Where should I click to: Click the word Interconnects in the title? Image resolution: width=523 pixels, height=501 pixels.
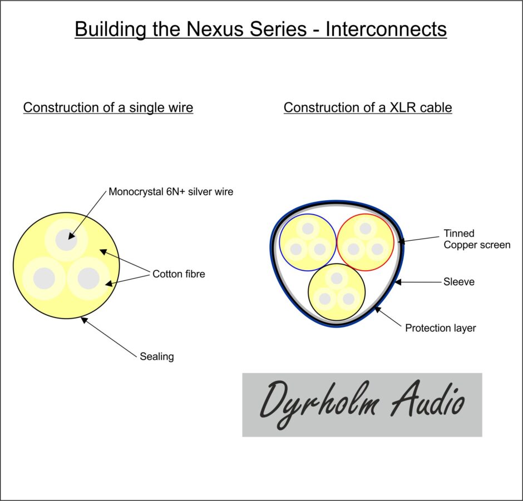click(x=386, y=29)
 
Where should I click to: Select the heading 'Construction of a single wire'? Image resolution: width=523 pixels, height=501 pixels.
click(x=108, y=108)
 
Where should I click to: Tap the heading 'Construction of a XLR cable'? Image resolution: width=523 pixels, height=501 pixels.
click(x=368, y=107)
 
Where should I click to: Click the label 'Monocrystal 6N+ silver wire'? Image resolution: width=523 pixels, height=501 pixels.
click(x=171, y=192)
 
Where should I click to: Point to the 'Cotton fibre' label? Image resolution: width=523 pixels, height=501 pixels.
click(x=179, y=274)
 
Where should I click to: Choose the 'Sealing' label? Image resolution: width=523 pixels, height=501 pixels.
click(x=157, y=356)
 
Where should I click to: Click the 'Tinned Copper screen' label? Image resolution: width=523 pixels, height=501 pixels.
click(x=477, y=239)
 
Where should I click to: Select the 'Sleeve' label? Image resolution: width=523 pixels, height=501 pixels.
click(x=459, y=282)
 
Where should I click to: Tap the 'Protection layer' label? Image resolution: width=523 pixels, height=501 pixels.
click(x=440, y=328)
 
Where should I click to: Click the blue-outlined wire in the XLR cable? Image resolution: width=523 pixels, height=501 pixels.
click(x=308, y=242)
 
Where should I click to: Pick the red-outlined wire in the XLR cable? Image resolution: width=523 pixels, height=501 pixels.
click(x=366, y=242)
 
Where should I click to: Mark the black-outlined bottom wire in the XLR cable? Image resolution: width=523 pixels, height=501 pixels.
click(x=337, y=292)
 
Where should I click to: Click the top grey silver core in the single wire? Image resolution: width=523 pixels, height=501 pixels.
click(x=66, y=240)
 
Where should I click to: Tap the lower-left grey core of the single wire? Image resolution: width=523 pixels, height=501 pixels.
click(x=44, y=279)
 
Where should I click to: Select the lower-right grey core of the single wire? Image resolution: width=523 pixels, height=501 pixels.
click(x=88, y=279)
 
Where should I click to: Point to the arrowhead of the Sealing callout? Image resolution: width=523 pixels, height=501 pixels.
click(x=84, y=320)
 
